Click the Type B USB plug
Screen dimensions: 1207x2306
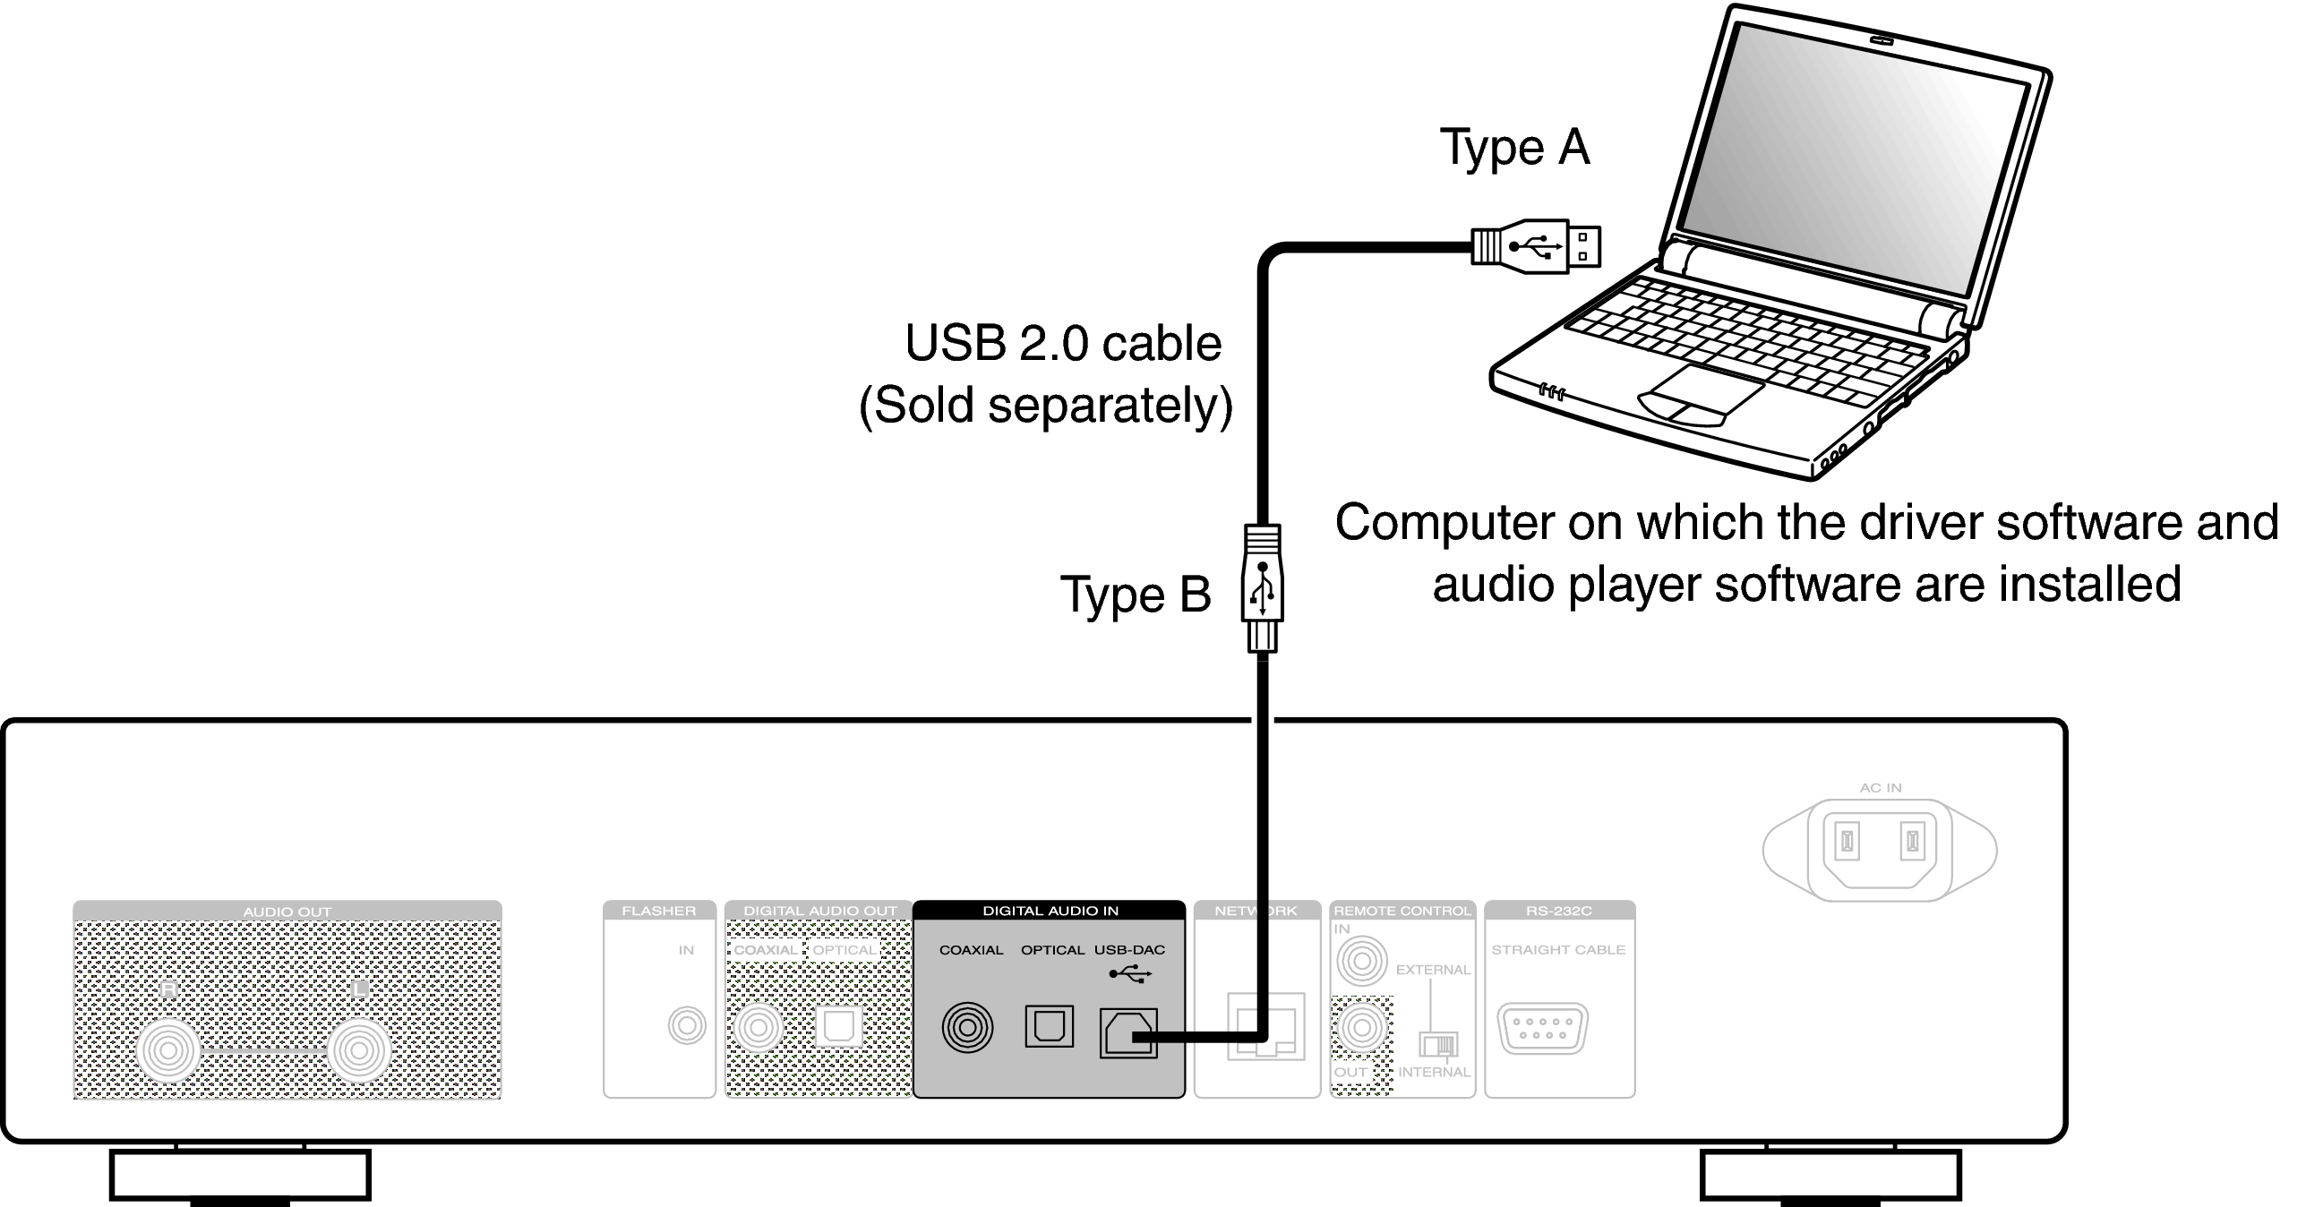tap(1263, 586)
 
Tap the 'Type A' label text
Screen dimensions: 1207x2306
tap(1514, 148)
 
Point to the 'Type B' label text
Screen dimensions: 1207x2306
tap(1136, 595)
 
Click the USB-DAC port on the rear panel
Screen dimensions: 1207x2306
tap(1127, 1032)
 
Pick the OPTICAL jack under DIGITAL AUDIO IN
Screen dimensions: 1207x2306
tap(1049, 1026)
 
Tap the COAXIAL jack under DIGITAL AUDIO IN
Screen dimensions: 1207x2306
tap(967, 1026)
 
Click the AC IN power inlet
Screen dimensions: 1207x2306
tap(1879, 846)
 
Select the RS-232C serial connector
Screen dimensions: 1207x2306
tap(1542, 1028)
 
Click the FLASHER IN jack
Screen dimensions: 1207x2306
tap(687, 1025)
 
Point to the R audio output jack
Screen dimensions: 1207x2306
tap(168, 1049)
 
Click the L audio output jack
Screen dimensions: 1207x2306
tap(359, 1049)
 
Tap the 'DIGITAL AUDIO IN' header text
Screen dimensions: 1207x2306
tap(1050, 912)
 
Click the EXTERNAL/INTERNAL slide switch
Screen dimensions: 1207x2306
tap(1438, 1044)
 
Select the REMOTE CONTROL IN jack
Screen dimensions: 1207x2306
tap(1361, 963)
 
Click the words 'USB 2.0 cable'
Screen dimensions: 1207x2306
tap(1063, 344)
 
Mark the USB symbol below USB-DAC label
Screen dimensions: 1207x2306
tap(1129, 974)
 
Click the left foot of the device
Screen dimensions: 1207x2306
tap(240, 1176)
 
